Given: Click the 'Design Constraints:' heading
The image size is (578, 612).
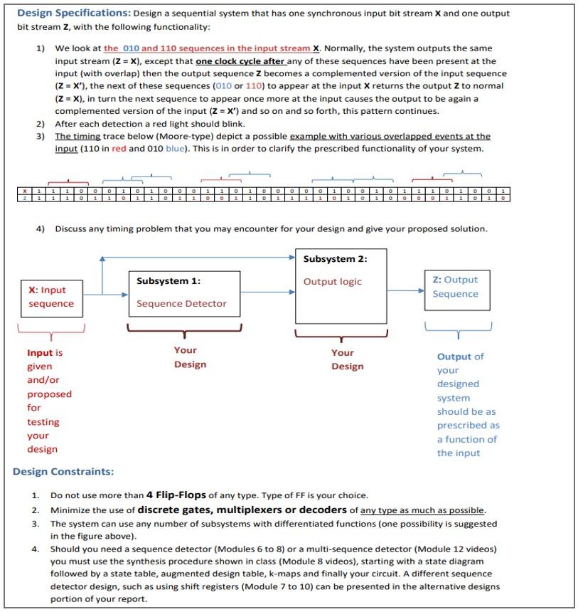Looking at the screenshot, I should pyautogui.click(x=63, y=471).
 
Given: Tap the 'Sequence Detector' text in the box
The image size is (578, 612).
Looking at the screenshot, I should pyautogui.click(x=181, y=304).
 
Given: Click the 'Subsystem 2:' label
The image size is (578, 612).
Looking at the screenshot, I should pyautogui.click(x=335, y=259).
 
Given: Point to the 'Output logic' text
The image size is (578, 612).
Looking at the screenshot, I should pyautogui.click(x=332, y=282).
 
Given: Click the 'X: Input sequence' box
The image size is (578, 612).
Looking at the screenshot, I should pyautogui.click(x=51, y=297).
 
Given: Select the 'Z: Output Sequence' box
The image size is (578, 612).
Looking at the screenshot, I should pyautogui.click(x=456, y=287).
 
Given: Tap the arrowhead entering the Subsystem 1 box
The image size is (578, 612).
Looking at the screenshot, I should pyautogui.click(x=125, y=292).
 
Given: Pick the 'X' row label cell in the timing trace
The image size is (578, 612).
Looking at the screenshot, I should pyautogui.click(x=26, y=191).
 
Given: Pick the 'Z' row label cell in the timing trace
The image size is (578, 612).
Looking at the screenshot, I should pyautogui.click(x=26, y=198).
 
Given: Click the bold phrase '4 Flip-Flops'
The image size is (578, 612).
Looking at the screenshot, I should pyautogui.click(x=176, y=495).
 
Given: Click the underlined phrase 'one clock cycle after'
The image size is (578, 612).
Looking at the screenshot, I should pyautogui.click(x=237, y=62).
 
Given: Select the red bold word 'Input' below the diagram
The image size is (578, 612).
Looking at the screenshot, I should pyautogui.click(x=40, y=353).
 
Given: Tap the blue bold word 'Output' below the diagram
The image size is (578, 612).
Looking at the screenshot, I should pyautogui.click(x=454, y=357).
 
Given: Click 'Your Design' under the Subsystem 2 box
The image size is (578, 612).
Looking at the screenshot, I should pyautogui.click(x=347, y=359).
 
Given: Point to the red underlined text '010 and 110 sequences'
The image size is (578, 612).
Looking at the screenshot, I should pyautogui.click(x=168, y=48).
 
